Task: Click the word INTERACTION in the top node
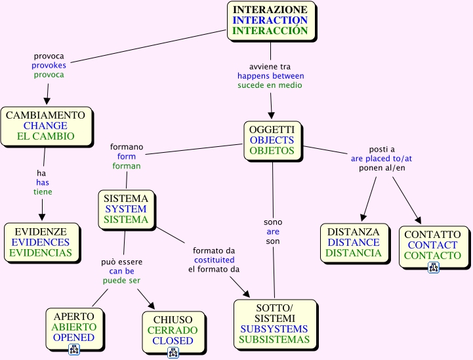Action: (270, 20)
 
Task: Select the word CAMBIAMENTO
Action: (45, 115)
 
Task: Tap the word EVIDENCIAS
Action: (41, 253)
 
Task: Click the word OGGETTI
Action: (272, 129)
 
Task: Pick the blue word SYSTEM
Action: (126, 209)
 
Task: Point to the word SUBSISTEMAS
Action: (274, 340)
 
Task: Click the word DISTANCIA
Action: (353, 253)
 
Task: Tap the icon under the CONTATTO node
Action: (434, 267)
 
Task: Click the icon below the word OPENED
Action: (74, 350)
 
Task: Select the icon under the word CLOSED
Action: (173, 353)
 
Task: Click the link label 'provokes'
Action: (49, 66)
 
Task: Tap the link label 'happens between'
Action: (270, 76)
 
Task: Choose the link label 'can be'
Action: (121, 271)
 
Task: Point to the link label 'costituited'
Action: (213, 260)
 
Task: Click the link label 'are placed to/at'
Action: (381, 159)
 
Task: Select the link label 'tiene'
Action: (43, 192)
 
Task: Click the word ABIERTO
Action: (74, 327)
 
